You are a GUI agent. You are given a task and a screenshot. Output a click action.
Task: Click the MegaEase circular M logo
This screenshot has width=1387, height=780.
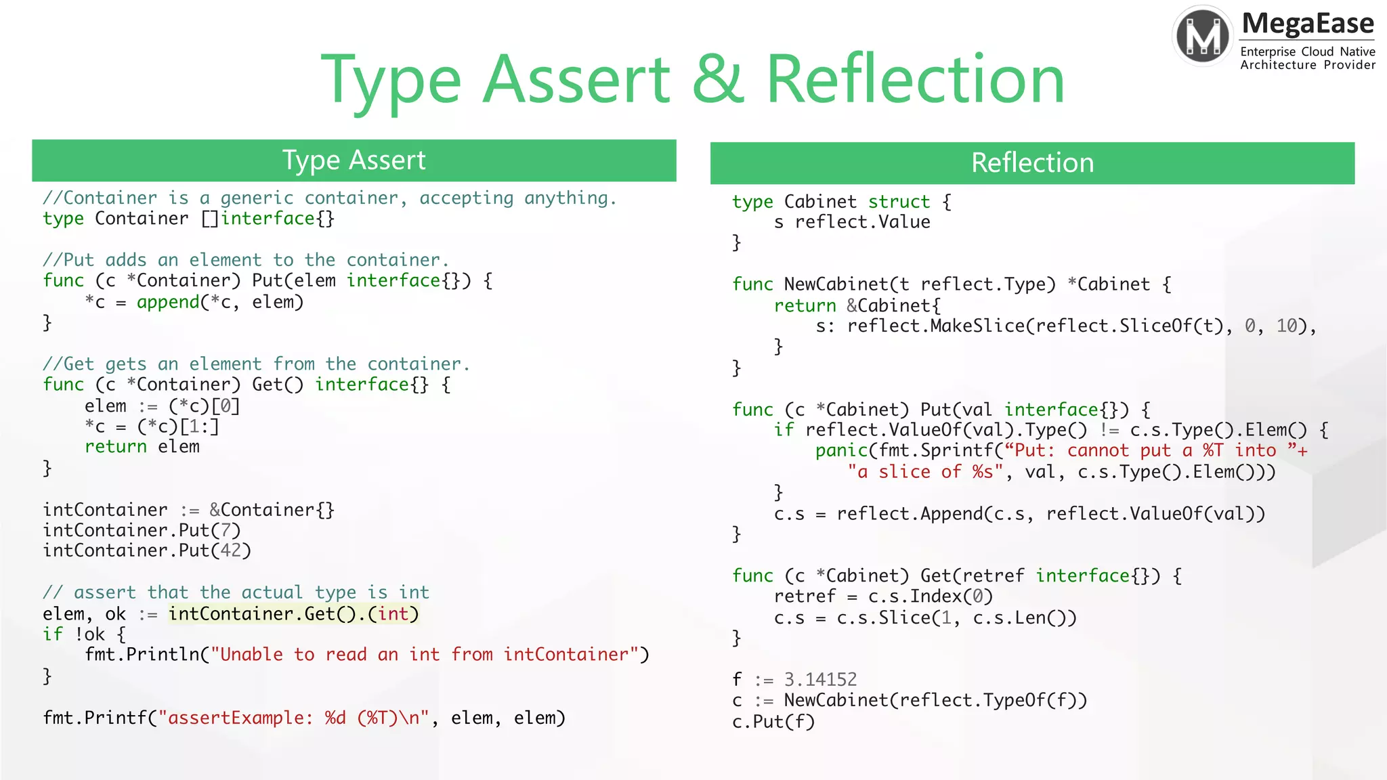(x=1203, y=36)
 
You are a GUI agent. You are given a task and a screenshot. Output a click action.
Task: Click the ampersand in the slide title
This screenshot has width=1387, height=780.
(x=717, y=80)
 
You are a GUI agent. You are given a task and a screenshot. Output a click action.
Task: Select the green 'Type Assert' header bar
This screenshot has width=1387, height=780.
(x=354, y=160)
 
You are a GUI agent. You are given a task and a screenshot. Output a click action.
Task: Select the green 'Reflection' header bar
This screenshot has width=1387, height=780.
(x=1031, y=163)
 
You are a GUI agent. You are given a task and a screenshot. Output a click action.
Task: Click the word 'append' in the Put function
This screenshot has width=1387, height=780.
(x=168, y=302)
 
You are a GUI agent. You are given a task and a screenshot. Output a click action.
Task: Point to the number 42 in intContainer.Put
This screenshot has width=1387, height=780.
(x=230, y=550)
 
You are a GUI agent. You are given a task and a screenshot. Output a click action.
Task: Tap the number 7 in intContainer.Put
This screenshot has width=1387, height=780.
(x=226, y=530)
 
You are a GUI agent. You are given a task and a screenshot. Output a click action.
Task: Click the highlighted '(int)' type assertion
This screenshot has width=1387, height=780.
(x=393, y=614)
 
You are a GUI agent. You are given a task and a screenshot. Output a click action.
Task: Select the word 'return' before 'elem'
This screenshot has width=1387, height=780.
(x=116, y=447)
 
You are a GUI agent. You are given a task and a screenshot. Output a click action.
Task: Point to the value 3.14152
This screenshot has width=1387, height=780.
(x=820, y=679)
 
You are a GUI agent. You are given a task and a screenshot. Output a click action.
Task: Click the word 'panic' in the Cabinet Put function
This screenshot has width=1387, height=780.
(x=841, y=451)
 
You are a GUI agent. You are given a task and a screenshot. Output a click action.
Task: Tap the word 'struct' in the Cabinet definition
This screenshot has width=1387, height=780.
(x=899, y=202)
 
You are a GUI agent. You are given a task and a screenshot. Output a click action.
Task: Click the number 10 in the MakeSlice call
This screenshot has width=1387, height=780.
(x=1286, y=326)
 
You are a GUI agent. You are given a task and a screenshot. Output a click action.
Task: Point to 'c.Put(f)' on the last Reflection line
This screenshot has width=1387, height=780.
(x=773, y=722)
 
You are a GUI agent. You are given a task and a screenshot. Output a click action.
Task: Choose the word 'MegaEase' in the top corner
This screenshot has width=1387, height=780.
(x=1307, y=24)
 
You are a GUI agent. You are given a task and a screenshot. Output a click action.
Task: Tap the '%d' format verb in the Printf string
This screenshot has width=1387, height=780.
(x=335, y=718)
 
